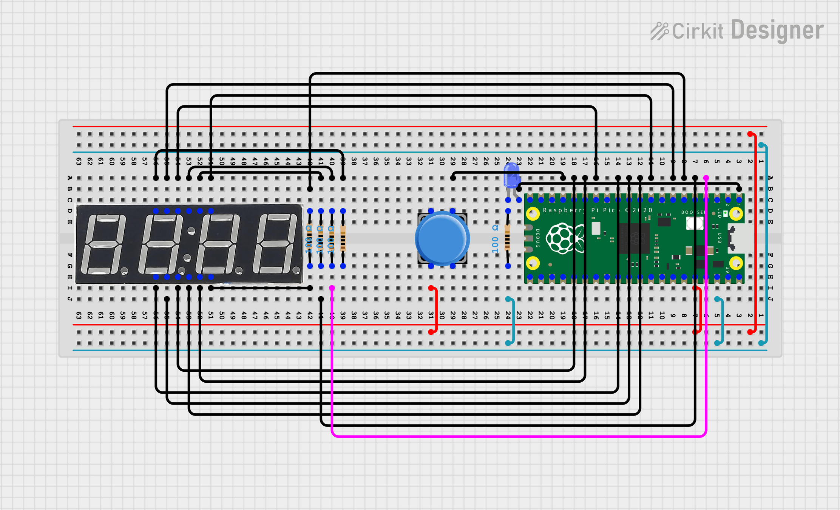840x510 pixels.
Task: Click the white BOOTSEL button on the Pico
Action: tap(694, 223)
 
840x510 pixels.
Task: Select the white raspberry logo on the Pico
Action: tap(562, 238)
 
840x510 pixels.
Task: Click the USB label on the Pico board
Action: tap(720, 238)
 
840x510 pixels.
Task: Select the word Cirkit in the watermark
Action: tap(698, 31)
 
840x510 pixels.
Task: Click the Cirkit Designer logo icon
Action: tap(659, 31)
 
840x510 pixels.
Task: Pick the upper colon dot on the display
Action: tap(191, 230)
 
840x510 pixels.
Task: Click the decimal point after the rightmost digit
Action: tap(296, 270)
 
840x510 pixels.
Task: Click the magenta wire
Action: tap(517, 436)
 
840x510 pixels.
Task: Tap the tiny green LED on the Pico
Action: tap(725, 214)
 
